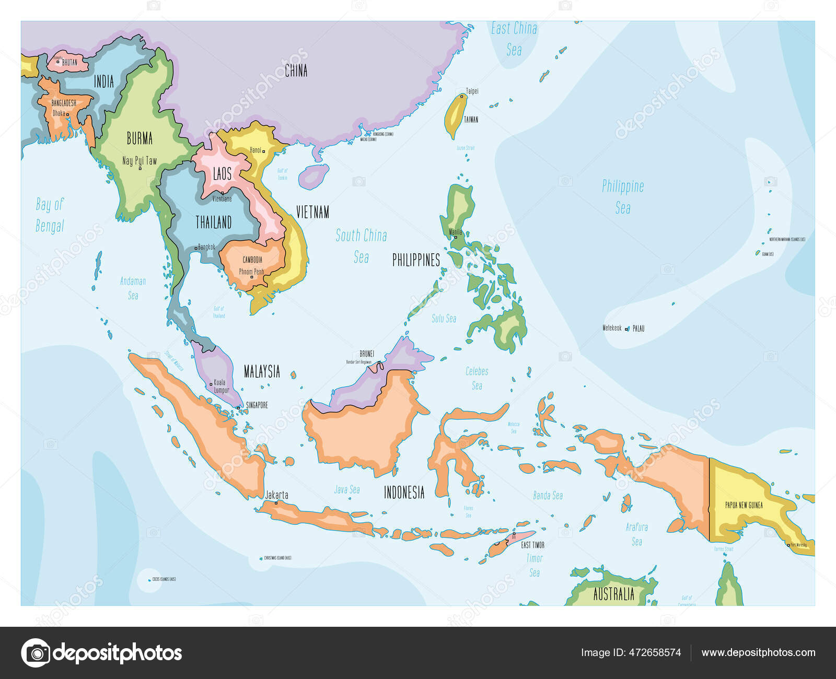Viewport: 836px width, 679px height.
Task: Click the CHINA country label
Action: point(296,71)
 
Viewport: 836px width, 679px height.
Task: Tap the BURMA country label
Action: point(140,138)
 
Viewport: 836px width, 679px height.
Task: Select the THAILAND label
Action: point(213,223)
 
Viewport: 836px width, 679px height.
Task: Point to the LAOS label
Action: point(222,173)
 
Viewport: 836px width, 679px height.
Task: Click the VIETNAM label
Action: point(312,212)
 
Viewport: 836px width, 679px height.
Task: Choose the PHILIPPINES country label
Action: point(416,260)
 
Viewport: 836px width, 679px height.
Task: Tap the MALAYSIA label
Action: point(262,372)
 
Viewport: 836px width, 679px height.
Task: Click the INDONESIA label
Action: point(404,493)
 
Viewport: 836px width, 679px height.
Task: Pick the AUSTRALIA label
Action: point(613,594)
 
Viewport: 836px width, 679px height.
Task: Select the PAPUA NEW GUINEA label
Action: point(744,505)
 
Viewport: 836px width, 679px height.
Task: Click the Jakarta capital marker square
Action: point(276,502)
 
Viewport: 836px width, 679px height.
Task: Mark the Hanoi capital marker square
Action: point(263,151)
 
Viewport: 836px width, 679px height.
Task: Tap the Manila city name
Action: point(456,231)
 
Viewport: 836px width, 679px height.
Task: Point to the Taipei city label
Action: point(472,91)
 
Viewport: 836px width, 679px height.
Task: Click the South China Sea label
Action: point(361,246)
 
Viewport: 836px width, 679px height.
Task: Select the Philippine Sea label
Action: point(623,197)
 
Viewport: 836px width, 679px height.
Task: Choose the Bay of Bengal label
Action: point(50,215)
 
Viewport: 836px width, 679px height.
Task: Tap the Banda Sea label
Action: point(548,495)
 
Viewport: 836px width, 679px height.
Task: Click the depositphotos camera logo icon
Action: point(36,653)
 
